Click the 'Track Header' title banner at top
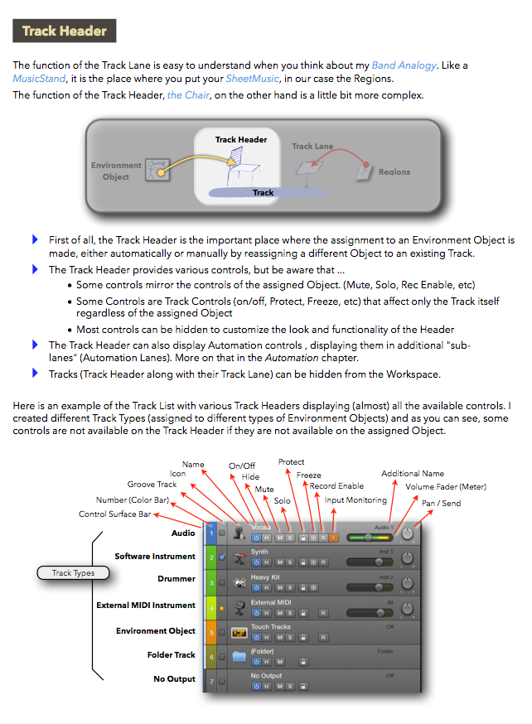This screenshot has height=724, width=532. tap(65, 31)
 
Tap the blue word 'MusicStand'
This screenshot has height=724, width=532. tap(39, 80)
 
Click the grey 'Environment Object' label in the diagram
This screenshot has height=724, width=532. tap(116, 171)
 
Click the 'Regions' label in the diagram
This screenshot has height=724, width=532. tap(394, 172)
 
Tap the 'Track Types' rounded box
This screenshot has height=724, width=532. tap(73, 572)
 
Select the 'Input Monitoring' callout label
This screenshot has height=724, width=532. tap(355, 500)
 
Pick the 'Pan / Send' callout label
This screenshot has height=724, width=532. tap(441, 504)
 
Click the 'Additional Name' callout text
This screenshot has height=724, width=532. tap(412, 474)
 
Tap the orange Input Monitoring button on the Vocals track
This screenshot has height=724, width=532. tap(334, 538)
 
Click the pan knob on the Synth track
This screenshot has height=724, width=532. tap(406, 560)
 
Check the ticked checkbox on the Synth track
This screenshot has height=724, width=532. tap(222, 557)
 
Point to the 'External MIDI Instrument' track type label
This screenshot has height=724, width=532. tap(146, 606)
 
